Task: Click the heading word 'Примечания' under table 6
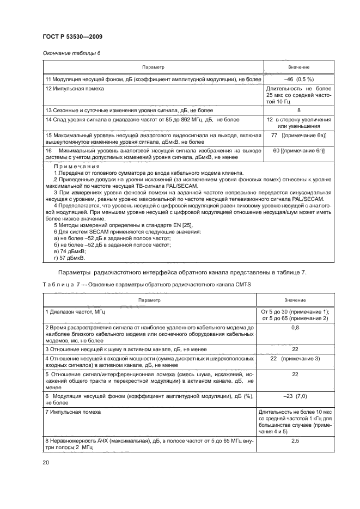pos(76,167)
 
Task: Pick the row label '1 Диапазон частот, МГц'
pos(75,311)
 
